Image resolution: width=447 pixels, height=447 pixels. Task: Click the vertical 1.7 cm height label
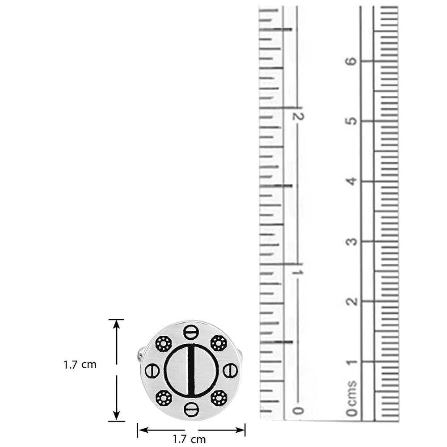coord(80,365)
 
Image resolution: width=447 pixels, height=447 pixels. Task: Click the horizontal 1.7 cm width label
coord(189,439)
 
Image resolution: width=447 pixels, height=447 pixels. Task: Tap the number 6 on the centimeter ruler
coord(352,61)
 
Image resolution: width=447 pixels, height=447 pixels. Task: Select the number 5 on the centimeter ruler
coord(352,121)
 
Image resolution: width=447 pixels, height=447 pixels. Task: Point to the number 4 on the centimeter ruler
coord(352,181)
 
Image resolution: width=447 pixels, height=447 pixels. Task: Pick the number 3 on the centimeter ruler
coord(352,241)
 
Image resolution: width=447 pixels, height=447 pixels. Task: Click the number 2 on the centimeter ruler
coord(352,301)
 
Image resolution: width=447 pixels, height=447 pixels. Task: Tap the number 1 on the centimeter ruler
coord(352,362)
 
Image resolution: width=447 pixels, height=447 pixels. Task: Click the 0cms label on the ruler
coord(352,398)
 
